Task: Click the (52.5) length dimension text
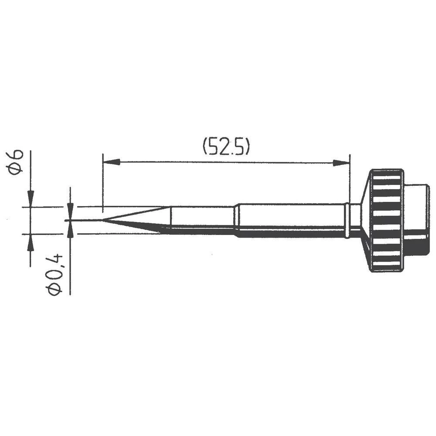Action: [226, 147]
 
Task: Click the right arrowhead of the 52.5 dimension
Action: [342, 163]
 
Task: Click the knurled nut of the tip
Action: [386, 220]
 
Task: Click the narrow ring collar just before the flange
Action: [347, 220]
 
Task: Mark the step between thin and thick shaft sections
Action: [236, 220]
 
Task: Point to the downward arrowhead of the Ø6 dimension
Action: [30, 198]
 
